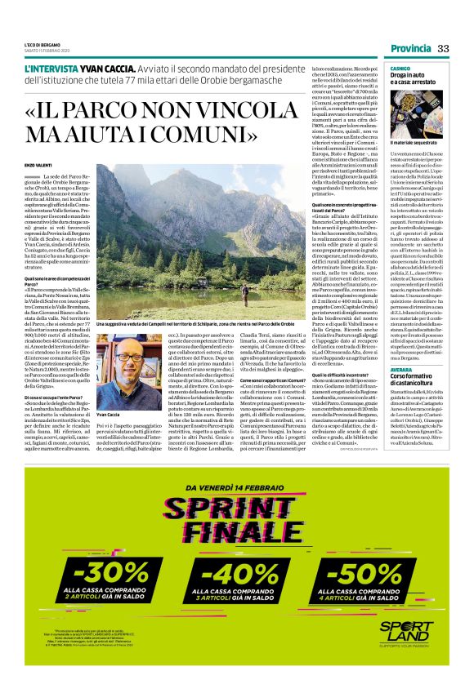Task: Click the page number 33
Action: (x=443, y=49)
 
